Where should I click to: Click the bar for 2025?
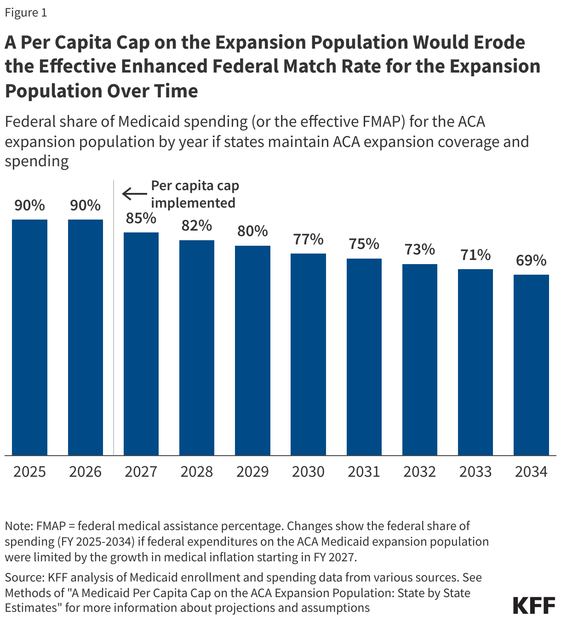(29, 337)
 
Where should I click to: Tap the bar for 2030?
(308, 354)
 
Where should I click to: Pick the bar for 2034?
(531, 365)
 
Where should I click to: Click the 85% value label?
(141, 218)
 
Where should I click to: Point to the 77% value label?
(308, 239)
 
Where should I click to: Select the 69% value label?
(531, 260)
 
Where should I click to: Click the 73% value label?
(420, 250)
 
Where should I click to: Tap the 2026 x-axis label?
(86, 472)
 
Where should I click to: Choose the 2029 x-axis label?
(252, 472)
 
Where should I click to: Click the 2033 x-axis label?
(475, 472)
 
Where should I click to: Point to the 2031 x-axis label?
(364, 472)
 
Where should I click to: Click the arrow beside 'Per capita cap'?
(134, 194)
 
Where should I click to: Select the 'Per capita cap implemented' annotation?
(195, 194)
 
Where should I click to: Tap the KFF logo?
(534, 605)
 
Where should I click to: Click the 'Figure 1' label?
(26, 12)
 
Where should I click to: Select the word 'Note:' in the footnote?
(19, 526)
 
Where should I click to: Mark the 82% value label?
(197, 226)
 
